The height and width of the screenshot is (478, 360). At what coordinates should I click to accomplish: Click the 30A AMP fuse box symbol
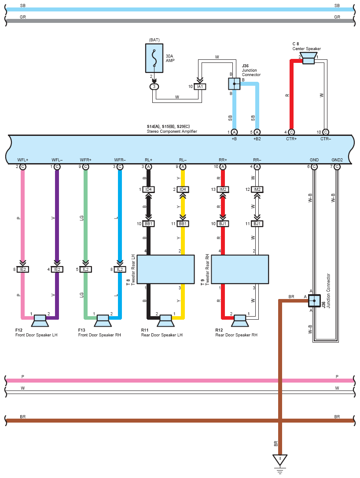(154, 58)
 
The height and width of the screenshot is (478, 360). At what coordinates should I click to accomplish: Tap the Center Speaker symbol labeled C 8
(309, 58)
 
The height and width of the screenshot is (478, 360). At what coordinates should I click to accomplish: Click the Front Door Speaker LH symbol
(40, 320)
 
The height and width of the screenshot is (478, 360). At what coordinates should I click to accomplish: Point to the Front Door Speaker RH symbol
(103, 320)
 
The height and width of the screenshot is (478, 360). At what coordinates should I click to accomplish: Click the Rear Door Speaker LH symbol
(166, 320)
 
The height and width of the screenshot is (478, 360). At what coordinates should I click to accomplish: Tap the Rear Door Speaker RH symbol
(240, 320)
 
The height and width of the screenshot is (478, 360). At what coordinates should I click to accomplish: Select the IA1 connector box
(200, 87)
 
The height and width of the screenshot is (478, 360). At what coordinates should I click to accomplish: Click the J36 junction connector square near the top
(234, 84)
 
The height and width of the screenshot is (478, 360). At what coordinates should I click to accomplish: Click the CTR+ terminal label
(291, 139)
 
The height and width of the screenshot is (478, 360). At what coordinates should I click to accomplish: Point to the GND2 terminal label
(337, 160)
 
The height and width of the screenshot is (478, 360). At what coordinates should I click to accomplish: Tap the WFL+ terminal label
(23, 160)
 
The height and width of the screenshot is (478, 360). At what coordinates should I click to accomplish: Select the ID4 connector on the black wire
(149, 190)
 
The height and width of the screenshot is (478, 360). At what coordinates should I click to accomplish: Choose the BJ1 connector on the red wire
(223, 223)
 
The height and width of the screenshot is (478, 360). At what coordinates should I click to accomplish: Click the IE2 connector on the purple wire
(57, 269)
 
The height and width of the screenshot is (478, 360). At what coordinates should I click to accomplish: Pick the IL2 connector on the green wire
(85, 269)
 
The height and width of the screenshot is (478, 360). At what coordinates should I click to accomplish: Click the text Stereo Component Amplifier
(172, 131)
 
